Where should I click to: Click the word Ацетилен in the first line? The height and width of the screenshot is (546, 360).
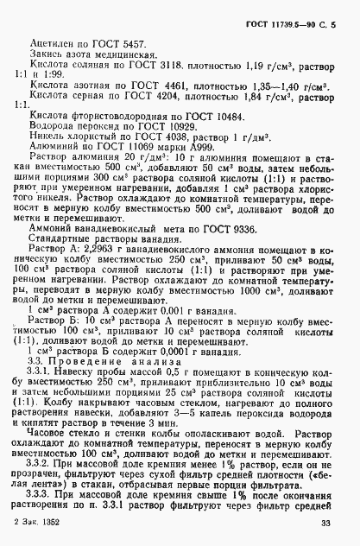[52, 42]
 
